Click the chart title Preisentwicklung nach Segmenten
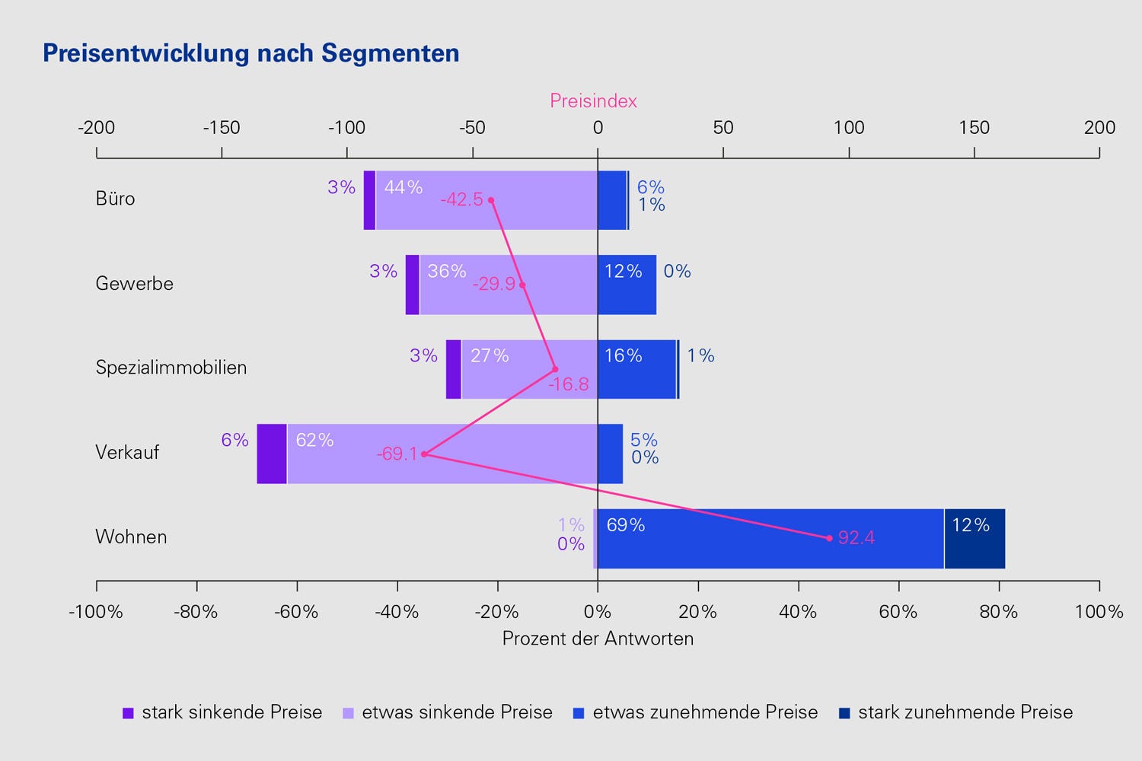(251, 53)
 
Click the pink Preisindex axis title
(593, 101)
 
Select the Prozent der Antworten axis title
(598, 638)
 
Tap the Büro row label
(115, 199)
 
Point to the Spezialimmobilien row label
(171, 368)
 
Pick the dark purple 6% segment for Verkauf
(272, 454)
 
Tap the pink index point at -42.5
(491, 200)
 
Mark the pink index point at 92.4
(829, 538)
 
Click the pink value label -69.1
(397, 455)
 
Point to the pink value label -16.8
(569, 384)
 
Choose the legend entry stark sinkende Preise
(222, 713)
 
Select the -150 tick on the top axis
(222, 128)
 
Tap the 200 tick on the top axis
(1099, 128)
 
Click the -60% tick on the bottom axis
(297, 612)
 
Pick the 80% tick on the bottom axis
(999, 612)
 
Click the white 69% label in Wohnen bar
(626, 525)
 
